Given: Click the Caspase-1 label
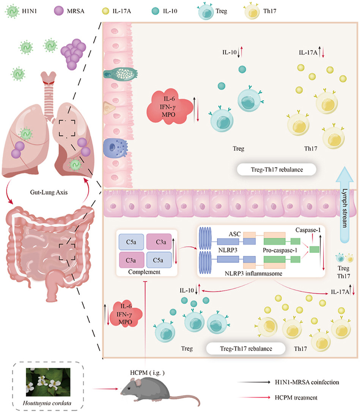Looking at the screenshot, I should point(307,230).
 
